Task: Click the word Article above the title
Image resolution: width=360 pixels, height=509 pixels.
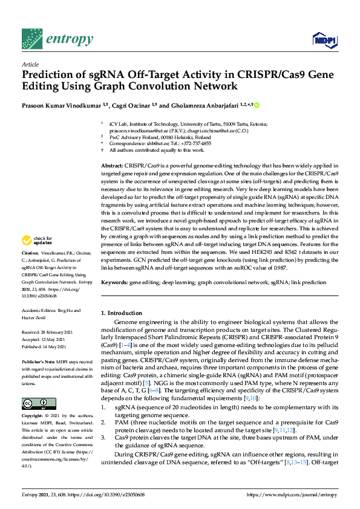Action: [x=30, y=65]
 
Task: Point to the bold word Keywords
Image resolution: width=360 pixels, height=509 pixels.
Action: [x=113, y=282]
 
